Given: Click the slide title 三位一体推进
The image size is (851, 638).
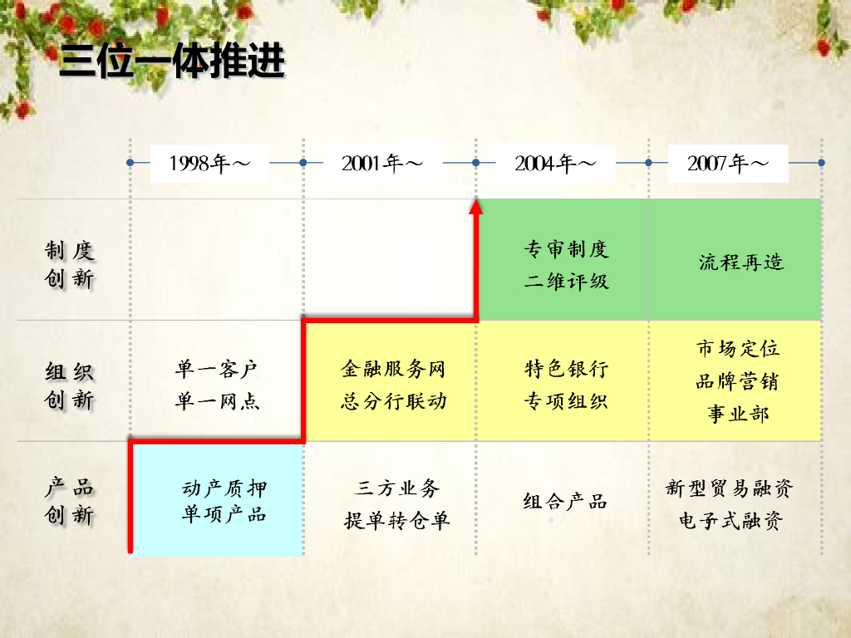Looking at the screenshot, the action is (172, 62).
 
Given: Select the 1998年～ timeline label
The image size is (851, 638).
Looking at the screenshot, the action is (210, 163).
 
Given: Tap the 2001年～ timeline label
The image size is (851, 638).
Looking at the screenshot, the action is (382, 163).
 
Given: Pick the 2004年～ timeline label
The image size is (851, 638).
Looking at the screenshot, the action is (555, 163).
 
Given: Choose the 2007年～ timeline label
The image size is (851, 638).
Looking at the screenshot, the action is (728, 163).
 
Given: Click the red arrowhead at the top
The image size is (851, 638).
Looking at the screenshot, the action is (476, 207).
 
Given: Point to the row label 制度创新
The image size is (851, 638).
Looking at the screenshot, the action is (70, 264).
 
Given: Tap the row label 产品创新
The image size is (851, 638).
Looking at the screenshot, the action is (70, 502).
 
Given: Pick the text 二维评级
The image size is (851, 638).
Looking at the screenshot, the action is (567, 282).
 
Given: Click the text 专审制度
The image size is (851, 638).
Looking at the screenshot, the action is (567, 249).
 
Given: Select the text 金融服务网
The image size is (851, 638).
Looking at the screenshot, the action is (393, 369).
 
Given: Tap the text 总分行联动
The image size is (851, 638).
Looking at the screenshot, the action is (393, 402).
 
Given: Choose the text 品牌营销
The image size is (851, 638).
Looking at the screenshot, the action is (737, 382).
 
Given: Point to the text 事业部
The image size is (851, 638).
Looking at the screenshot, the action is (738, 414).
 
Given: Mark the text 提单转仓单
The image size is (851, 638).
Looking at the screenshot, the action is (397, 521).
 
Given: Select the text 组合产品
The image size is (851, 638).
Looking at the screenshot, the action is (565, 502).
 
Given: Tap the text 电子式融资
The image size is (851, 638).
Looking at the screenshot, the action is (730, 522).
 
